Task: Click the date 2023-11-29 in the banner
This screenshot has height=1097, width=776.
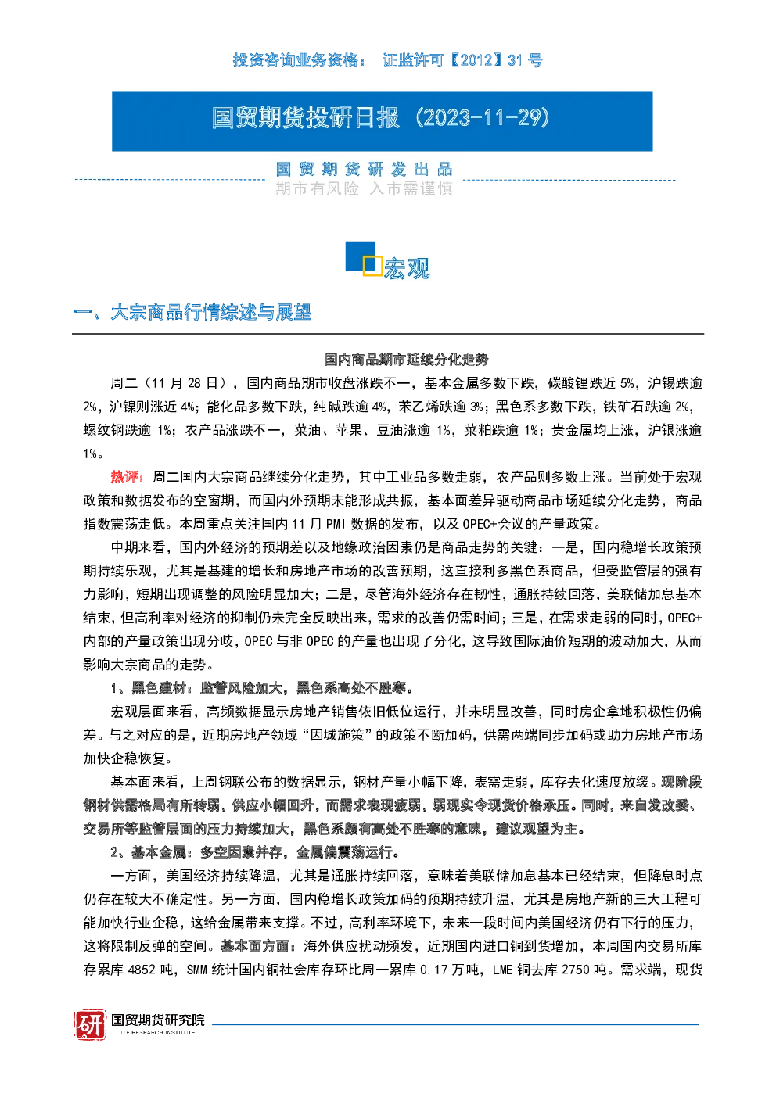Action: coord(483,118)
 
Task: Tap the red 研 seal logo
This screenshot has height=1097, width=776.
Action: coord(90,1024)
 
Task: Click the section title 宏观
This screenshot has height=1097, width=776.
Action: coord(407,268)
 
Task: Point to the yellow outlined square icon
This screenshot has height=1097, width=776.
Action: coord(372,265)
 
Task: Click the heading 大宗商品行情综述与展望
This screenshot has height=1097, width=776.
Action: coord(210,312)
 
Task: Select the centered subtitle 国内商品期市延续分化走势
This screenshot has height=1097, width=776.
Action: coord(406,360)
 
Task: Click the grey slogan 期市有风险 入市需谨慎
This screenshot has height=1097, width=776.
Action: coord(364,188)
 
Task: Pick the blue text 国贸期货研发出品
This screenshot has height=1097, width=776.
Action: coord(364,170)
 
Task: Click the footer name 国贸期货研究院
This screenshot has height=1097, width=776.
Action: coord(158,1020)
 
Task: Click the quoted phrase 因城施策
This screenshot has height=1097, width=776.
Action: coord(337,735)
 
